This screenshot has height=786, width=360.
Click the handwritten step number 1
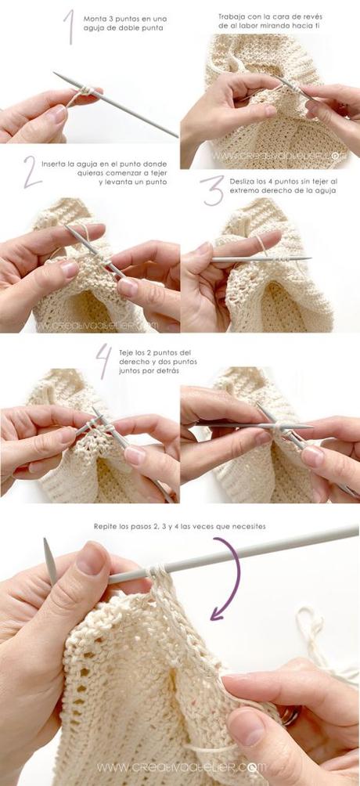tap(69, 27)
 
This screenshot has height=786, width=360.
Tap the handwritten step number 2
tap(32, 172)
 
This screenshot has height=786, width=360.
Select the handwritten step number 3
tap(213, 190)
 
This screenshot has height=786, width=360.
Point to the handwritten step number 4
tap(104, 361)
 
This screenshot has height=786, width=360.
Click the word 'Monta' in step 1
tap(93, 19)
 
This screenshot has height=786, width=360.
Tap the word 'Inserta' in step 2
tap(54, 164)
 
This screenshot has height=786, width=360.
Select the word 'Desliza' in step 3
tap(242, 181)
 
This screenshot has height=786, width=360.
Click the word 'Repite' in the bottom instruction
tap(104, 527)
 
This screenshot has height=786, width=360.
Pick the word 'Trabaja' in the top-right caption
tap(230, 16)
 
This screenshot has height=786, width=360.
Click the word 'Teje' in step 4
tap(125, 353)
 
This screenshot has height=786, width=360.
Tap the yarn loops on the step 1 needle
tap(85, 92)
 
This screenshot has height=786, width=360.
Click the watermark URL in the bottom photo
tap(182, 767)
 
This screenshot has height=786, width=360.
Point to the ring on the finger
tap(290, 714)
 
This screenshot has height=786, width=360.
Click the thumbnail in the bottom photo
tap(90, 560)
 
